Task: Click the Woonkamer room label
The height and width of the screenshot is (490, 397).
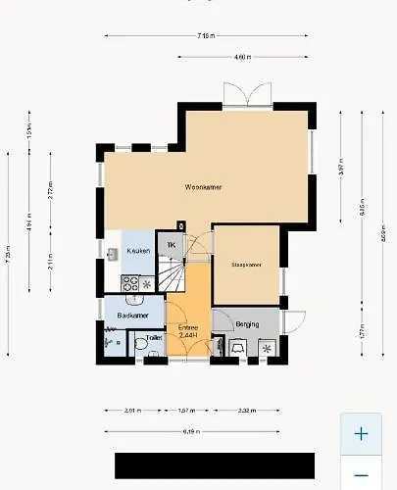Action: (202, 186)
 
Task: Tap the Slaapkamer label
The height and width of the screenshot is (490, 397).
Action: (246, 265)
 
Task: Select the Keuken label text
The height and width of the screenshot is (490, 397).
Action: (138, 252)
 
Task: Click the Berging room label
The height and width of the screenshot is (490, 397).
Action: (248, 322)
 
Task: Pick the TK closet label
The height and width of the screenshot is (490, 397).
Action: (172, 245)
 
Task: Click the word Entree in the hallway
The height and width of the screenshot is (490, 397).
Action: (189, 327)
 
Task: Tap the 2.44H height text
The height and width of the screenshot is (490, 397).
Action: (189, 335)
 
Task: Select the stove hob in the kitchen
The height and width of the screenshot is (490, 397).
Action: (129, 283)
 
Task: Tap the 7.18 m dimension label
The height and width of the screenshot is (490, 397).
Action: (206, 36)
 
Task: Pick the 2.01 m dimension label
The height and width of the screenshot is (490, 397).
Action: (133, 411)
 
